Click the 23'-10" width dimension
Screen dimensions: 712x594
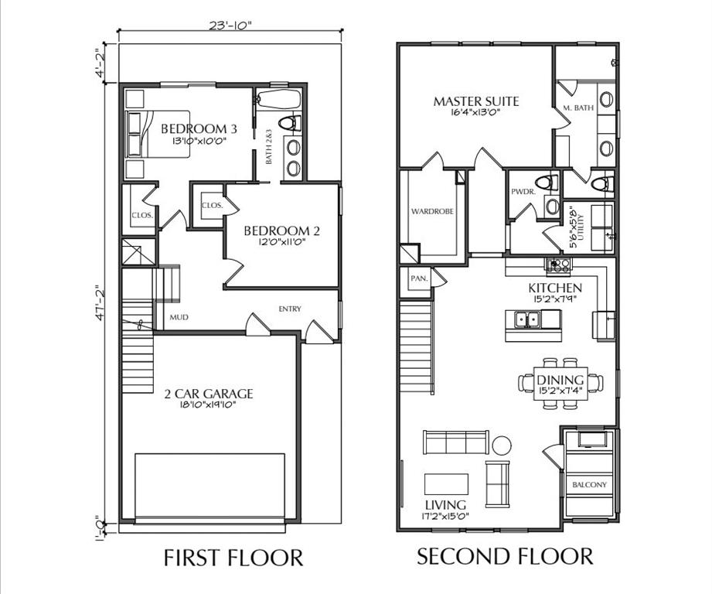pos(230,26)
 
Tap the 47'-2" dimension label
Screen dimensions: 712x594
pos(100,303)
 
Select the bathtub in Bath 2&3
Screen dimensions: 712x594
pos(279,99)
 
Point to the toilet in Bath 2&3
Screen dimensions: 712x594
pos(290,123)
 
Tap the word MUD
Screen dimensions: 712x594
pos(179,317)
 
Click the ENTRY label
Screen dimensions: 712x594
pos(290,309)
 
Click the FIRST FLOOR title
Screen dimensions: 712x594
pos(233,558)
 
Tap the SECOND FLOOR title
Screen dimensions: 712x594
pos(505,556)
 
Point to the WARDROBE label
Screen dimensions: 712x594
pos(432,211)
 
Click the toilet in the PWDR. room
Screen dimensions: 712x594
pos(547,183)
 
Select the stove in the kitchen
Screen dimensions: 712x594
pos(558,265)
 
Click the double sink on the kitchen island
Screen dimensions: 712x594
pos(527,319)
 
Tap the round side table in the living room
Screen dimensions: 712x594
pos(502,445)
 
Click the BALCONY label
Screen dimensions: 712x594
pos(589,484)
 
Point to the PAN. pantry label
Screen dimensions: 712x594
pos(419,278)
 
